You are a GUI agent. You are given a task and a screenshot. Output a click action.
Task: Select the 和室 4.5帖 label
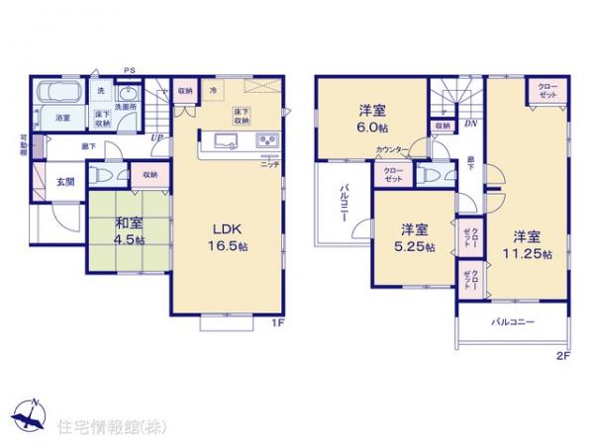129,230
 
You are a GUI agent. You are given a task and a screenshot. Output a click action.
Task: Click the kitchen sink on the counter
224,141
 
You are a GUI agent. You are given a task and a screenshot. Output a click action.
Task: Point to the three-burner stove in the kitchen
268,139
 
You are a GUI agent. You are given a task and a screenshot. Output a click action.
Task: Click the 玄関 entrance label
64,182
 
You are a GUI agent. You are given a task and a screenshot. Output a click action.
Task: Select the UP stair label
156,138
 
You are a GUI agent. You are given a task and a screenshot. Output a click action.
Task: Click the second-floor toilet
428,175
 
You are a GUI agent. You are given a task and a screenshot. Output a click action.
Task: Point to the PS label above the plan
129,68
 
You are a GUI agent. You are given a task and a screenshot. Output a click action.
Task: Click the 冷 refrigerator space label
212,91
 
